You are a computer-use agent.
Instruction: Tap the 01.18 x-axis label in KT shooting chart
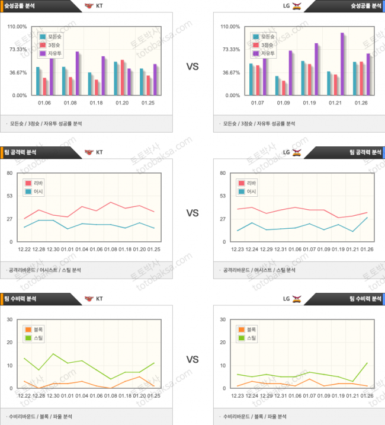pyautogui.click(x=96, y=103)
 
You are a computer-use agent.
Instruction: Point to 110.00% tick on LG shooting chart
pyautogui.click(x=230, y=27)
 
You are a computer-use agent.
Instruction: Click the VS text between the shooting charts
pyautogui.click(x=192, y=66)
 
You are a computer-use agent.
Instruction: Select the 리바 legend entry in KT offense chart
pyautogui.click(x=35, y=183)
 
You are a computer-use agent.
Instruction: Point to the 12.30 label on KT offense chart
pyautogui.click(x=53, y=250)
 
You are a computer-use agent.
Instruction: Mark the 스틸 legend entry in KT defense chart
pyautogui.click(x=35, y=338)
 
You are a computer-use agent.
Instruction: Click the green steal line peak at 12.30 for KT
pyautogui.click(x=53, y=354)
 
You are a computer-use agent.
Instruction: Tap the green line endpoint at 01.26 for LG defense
pyautogui.click(x=367, y=363)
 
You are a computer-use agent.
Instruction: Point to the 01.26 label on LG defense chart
pyautogui.click(x=367, y=396)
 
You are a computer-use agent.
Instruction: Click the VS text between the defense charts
pyautogui.click(x=192, y=359)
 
